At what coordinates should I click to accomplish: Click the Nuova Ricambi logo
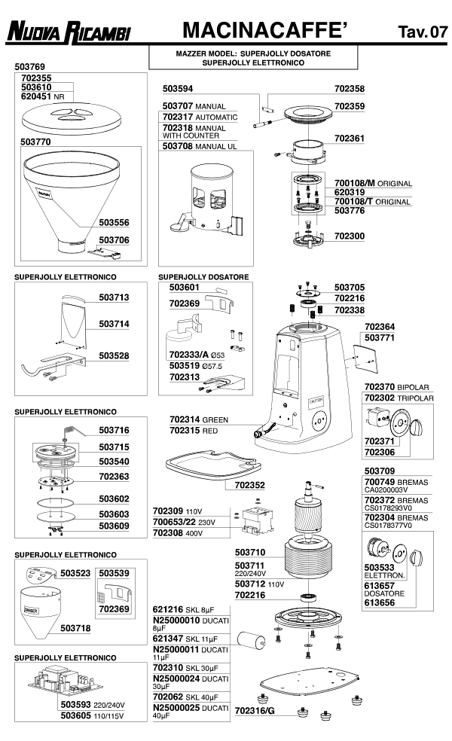pos(69,32)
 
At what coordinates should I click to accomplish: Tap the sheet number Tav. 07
pos(423,31)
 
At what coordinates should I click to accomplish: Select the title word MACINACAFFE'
pos(264,30)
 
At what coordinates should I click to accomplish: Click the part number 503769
pos(30,66)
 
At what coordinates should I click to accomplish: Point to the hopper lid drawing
pos(71,119)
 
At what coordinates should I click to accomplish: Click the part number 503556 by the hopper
pos(114,223)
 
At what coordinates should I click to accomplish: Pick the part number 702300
pos(350,236)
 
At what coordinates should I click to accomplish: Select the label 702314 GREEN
pos(199,419)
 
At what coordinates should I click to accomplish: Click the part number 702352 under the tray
pos(249,485)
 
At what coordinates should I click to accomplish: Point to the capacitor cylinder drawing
pos(251,642)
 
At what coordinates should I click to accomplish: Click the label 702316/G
pos(255,711)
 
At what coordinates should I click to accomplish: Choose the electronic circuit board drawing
pos(63,681)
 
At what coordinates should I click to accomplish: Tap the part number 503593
pos(75,705)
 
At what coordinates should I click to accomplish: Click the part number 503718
pos(75,628)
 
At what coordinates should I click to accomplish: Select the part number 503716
pos(114,430)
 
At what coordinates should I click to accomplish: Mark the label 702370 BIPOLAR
pos(396,387)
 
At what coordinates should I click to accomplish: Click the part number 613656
pos(379,602)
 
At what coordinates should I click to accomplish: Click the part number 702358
pos(350,89)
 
